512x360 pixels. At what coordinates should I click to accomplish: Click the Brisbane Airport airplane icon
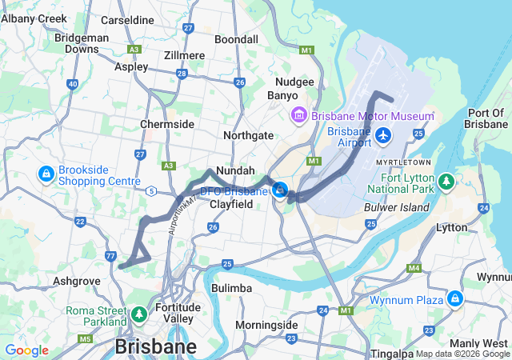pos(383,136)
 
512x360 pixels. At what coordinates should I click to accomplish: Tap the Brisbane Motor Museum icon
pos(299,116)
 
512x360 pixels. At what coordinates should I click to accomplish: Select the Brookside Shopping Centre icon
pos(47,173)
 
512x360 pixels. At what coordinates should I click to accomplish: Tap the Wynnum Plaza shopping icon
pos(455,298)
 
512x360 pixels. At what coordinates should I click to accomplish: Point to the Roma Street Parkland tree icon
pos(140,314)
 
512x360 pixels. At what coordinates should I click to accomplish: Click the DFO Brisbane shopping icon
pos(280,190)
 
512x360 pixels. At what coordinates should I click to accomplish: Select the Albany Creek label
pos(34,18)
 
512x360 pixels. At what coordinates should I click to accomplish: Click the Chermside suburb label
pos(166,124)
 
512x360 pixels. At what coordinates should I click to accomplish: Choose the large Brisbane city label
pos(155,347)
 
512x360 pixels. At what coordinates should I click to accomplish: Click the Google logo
pos(26,350)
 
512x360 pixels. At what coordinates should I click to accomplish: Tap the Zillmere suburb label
pos(183,55)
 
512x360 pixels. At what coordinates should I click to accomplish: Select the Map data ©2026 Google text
pos(462,354)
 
